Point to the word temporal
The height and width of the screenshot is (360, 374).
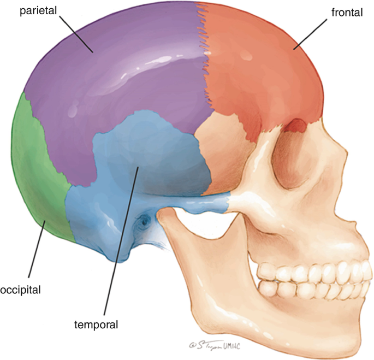click(x=96, y=325)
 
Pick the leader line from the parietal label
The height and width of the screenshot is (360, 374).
click(x=76, y=33)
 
